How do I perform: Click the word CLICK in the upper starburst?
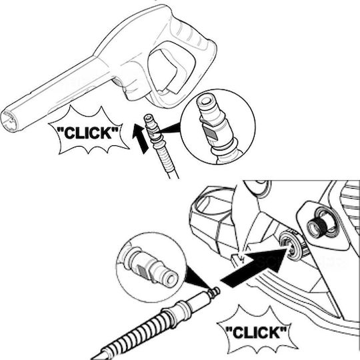(x=87, y=133)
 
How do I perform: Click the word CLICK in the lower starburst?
(x=256, y=332)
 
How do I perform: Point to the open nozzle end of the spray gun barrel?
(x=9, y=121)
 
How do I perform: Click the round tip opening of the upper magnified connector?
(x=205, y=100)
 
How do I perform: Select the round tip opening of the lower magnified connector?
(x=172, y=279)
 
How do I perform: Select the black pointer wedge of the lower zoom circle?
(x=197, y=277)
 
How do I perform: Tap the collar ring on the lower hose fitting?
(x=181, y=309)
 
